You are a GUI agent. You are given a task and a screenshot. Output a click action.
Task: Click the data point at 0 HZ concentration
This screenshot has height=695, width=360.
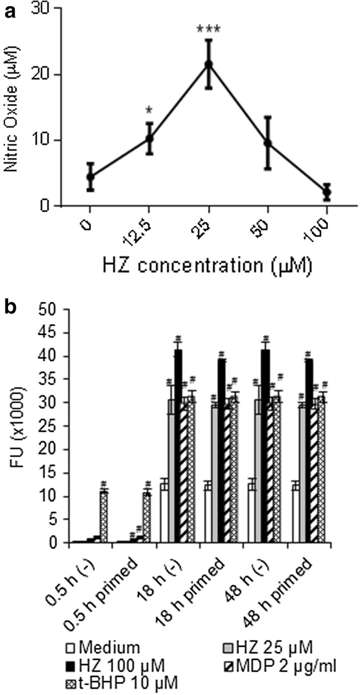point(90,176)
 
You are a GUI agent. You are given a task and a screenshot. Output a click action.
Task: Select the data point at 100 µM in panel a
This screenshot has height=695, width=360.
point(327,193)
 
